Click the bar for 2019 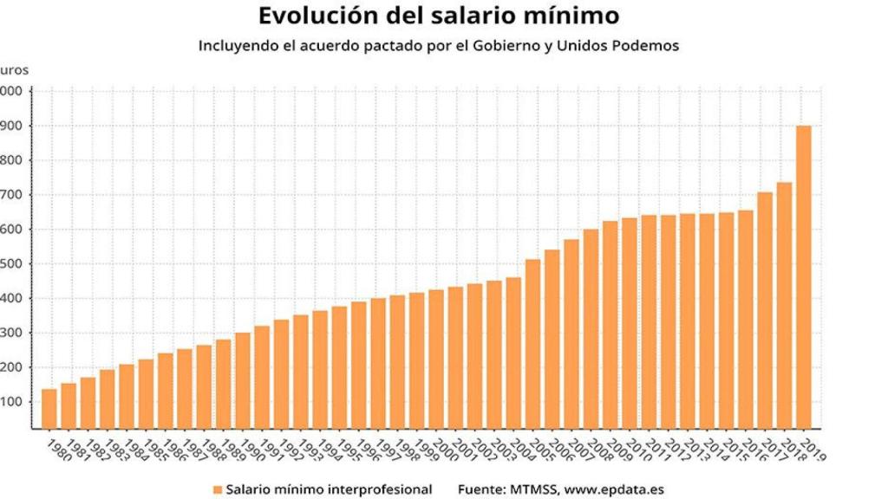[804, 276]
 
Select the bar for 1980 [49, 408]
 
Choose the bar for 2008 [591, 328]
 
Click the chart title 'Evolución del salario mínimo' [439, 16]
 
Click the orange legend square [217, 489]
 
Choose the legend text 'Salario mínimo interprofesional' [329, 489]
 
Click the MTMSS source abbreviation [530, 489]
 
